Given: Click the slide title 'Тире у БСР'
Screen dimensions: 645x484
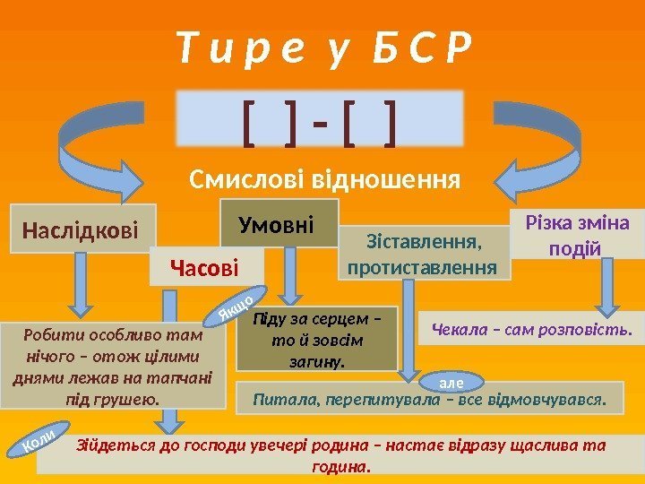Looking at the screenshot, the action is coord(322,47).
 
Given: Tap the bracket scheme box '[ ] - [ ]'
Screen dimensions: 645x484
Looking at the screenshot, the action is coord(322,117).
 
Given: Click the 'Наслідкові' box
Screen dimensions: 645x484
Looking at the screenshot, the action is coord(82,230).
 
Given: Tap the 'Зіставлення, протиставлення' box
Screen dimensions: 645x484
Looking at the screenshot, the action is coord(423,253).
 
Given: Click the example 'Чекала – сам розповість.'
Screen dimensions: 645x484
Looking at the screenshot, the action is coord(532,329).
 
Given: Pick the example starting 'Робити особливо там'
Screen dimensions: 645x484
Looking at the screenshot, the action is coord(113,366).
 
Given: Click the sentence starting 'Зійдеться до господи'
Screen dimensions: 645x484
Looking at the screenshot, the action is coord(340,455).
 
